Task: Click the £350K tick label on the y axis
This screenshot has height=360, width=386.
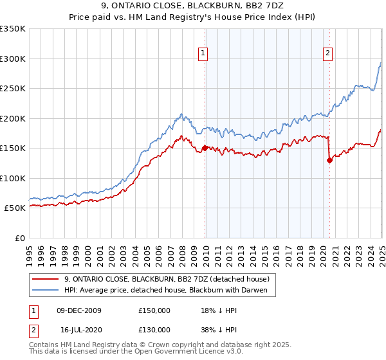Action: [13, 29]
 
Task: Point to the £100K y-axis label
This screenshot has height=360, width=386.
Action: [13, 178]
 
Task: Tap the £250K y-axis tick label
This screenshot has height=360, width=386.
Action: [13, 89]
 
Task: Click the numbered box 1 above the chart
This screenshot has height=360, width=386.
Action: [203, 53]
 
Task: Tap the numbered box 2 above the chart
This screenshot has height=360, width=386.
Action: [327, 53]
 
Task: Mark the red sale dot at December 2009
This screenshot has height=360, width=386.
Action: [205, 148]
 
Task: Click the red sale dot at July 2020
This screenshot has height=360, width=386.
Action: [329, 161]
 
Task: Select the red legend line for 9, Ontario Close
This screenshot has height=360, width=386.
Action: [46, 279]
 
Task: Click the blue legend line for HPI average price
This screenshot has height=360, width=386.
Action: [46, 291]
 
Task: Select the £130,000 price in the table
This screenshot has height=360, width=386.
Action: [154, 329]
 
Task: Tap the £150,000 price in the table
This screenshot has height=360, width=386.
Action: [154, 310]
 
